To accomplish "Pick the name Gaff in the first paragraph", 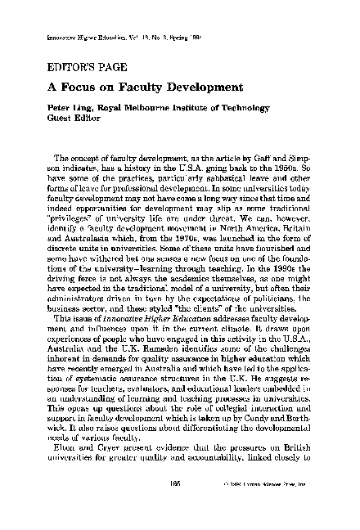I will click(x=245, y=157).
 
